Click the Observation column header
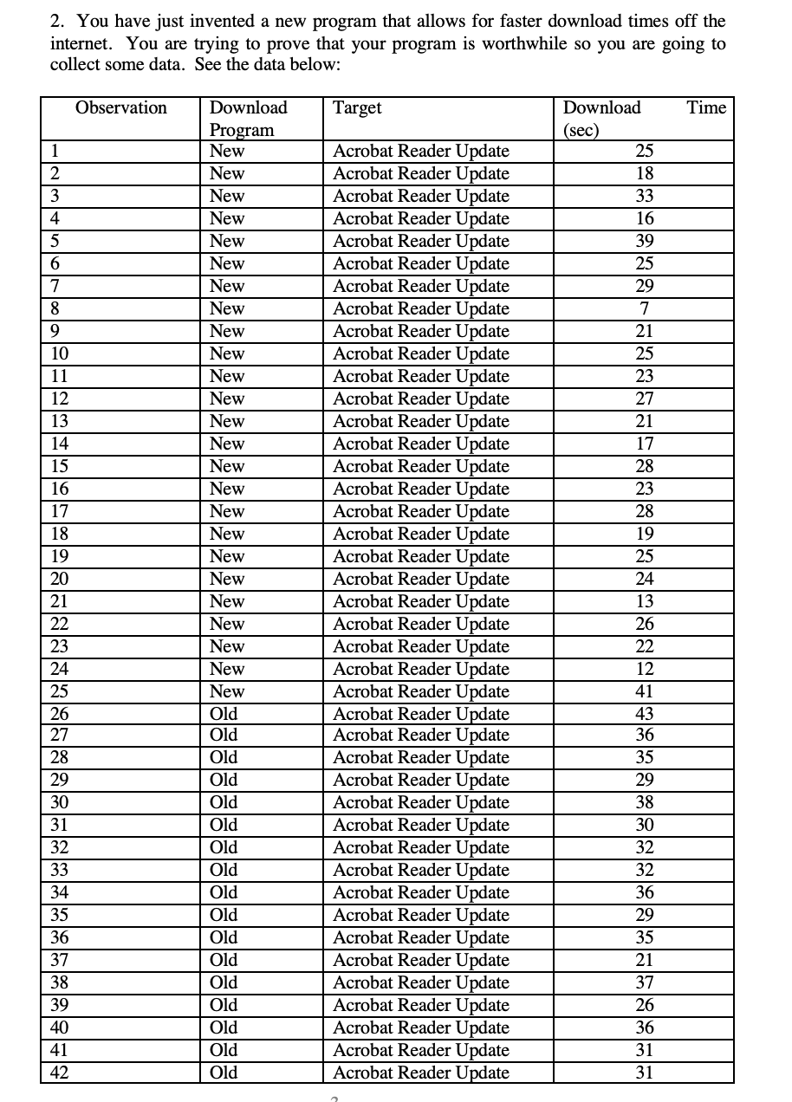click(x=121, y=107)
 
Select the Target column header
click(x=357, y=107)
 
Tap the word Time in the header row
click(x=706, y=107)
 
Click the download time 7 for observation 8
click(x=644, y=309)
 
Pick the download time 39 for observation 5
click(x=644, y=241)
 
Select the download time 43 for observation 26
click(x=644, y=714)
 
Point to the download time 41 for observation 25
click(x=644, y=691)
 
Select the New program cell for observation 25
click(x=227, y=691)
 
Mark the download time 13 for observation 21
click(x=644, y=601)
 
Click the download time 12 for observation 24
click(x=644, y=669)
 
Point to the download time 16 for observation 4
click(x=644, y=218)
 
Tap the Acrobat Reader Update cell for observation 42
click(x=421, y=1073)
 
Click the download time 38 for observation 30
click(x=644, y=802)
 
